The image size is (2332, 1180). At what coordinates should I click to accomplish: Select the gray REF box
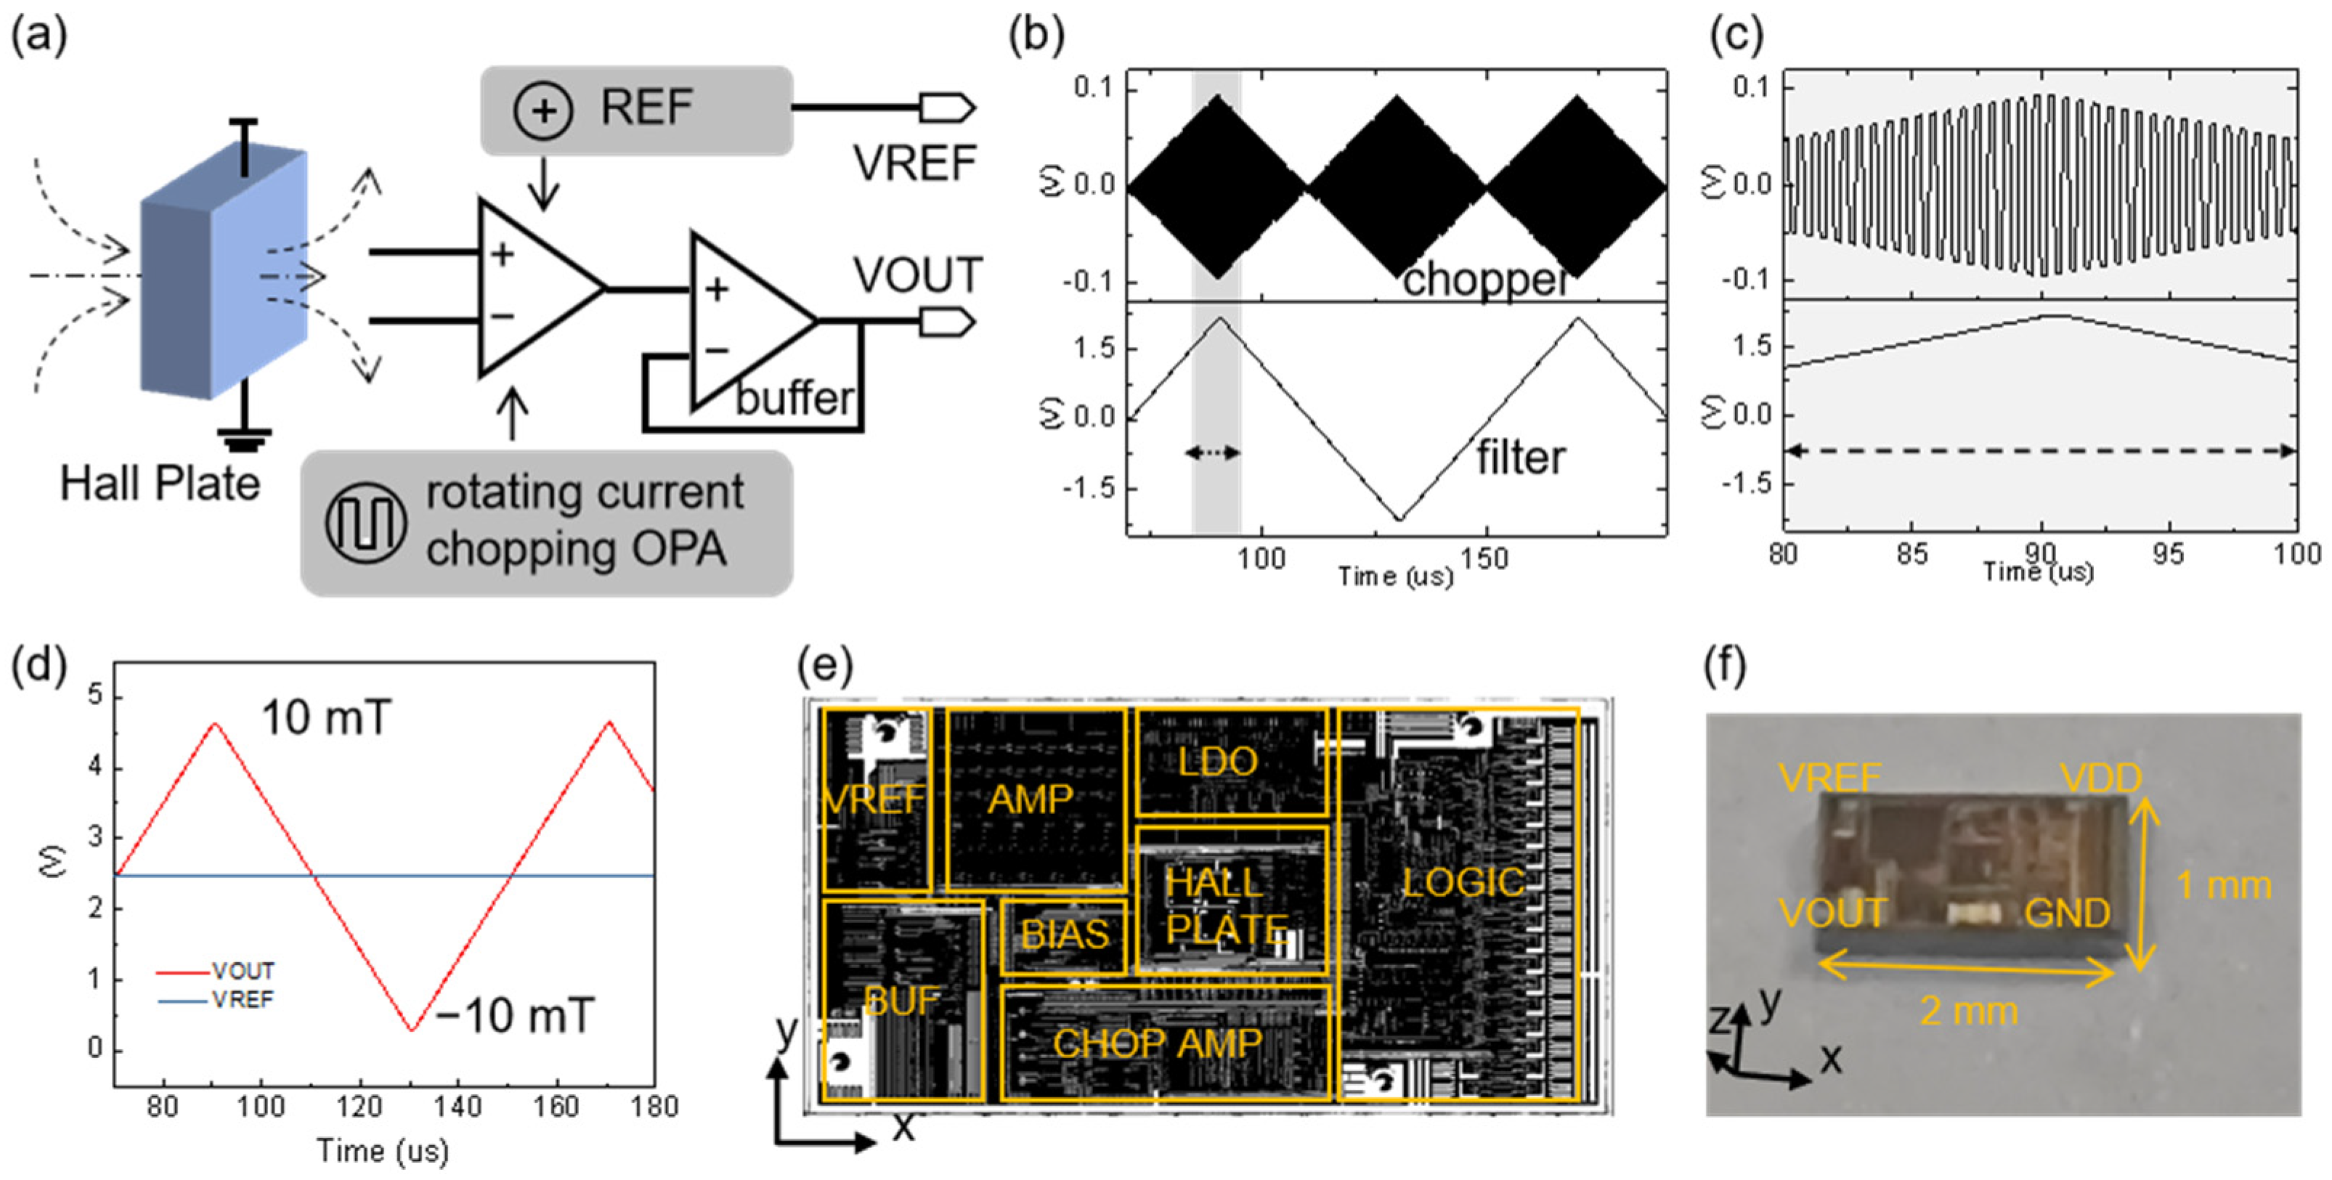636,110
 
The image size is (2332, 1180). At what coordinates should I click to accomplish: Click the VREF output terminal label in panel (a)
914,164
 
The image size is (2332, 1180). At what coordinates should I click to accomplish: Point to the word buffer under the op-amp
794,398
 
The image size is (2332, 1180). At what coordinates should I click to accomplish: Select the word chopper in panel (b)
1484,280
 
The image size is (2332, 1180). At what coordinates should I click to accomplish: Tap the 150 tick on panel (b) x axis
1484,559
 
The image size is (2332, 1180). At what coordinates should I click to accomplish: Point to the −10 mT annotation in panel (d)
514,1015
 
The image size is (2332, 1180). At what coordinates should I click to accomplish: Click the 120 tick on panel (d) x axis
359,1106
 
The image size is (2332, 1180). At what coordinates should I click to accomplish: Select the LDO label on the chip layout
1218,762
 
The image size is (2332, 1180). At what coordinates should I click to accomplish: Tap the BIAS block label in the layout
1065,935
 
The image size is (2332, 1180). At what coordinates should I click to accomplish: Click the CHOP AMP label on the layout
1157,1043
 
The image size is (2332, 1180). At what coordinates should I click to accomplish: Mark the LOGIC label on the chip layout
1463,882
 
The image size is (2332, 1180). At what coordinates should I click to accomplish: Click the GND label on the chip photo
2067,914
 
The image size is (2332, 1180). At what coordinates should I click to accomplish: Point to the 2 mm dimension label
1969,1011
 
